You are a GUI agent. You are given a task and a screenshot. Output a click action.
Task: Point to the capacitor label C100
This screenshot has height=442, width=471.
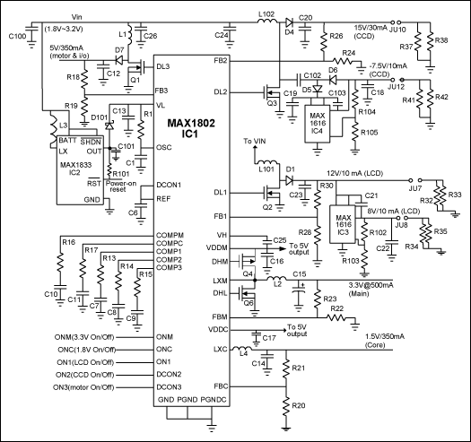tap(17, 35)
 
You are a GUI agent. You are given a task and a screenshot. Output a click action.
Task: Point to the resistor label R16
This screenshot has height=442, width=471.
tap(68, 243)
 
